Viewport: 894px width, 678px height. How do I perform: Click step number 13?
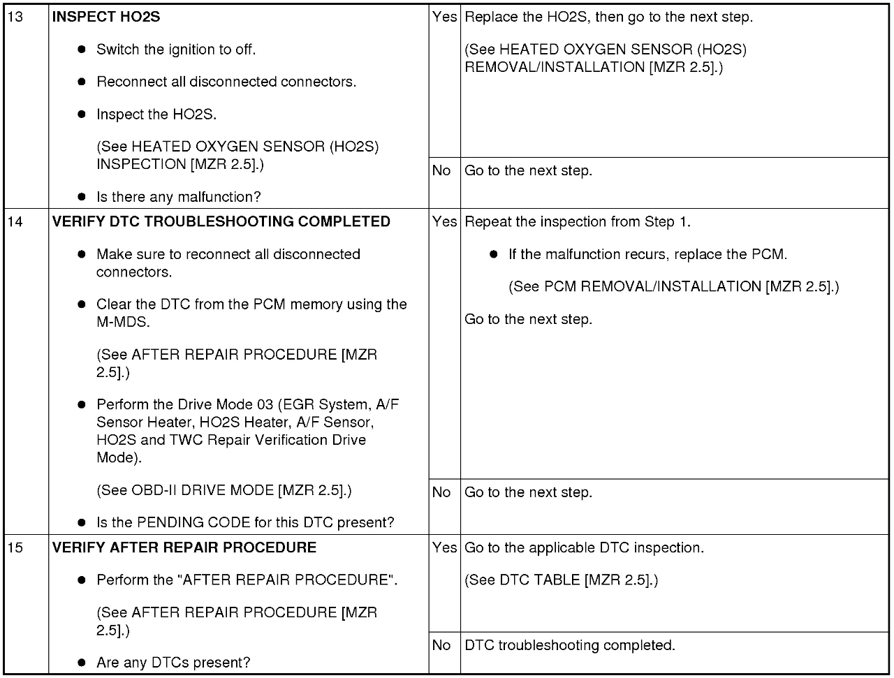(15, 17)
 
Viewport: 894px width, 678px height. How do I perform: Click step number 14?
(15, 222)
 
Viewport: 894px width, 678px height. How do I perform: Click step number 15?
(15, 548)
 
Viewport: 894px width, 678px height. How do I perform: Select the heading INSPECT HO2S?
(106, 17)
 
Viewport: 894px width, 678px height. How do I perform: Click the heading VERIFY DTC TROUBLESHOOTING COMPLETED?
(221, 222)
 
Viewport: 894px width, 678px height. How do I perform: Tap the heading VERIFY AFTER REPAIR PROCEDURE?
(184, 548)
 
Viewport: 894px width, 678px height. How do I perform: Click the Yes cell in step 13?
(444, 17)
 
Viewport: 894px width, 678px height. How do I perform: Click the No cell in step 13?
(441, 171)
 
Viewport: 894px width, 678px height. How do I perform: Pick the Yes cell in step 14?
(444, 222)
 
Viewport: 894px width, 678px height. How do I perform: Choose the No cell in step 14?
(441, 493)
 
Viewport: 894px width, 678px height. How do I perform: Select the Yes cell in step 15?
(444, 548)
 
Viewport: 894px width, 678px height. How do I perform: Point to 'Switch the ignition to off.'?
(176, 50)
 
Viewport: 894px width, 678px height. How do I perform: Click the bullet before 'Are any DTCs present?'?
(82, 663)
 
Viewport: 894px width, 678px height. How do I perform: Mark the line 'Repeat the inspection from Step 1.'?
(578, 222)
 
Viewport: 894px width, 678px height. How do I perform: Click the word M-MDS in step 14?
(123, 323)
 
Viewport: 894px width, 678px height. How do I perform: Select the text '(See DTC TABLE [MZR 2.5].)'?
(562, 580)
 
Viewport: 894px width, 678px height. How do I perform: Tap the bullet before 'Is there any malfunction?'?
(82, 197)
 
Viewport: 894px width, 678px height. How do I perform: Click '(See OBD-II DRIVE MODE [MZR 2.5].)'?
(224, 490)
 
